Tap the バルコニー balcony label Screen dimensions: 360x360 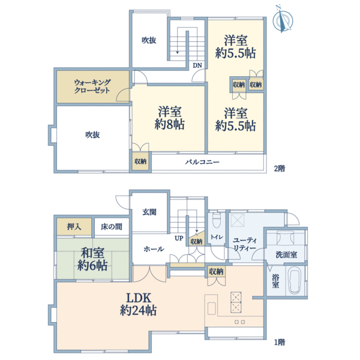tap(202, 163)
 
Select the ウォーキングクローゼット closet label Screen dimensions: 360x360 tap(92, 86)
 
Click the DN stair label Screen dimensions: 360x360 tap(197, 65)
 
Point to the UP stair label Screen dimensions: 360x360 tap(179, 238)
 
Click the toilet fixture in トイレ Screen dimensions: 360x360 tap(217, 220)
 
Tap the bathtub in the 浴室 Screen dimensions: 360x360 tap(295, 281)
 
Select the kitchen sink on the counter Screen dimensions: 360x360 tap(212, 308)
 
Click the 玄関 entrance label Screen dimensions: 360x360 tap(149, 212)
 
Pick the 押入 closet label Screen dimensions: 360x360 tap(74, 227)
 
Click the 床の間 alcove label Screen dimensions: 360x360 tap(112, 227)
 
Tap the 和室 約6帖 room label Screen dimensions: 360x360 tap(92, 259)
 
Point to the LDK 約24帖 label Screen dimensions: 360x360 tap(138, 304)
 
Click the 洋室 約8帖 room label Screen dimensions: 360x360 tap(169, 118)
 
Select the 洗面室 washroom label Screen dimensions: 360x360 tap(286, 254)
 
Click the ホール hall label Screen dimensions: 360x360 tap(154, 249)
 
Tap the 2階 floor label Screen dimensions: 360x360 tap(280, 169)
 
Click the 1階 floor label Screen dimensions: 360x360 tap(280, 343)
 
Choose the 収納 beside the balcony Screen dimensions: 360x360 tap(140, 161)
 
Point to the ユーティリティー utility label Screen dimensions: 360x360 tap(244, 244)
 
